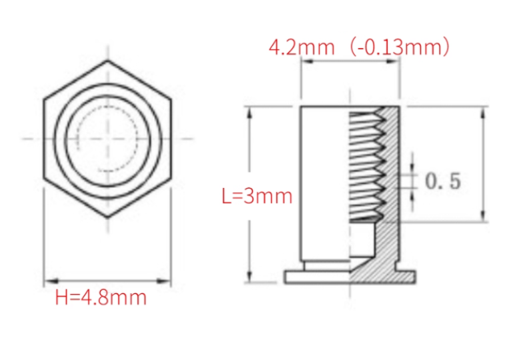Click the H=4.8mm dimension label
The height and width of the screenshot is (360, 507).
coord(101,297)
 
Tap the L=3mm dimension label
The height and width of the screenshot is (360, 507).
coord(257,196)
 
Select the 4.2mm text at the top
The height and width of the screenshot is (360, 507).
coord(302,47)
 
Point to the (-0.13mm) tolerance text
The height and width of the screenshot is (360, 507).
coord(400,47)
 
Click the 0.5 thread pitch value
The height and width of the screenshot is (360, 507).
coord(443,181)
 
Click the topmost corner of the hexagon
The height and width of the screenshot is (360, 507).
coord(107,61)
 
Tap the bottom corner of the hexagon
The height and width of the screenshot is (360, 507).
coord(107,218)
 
